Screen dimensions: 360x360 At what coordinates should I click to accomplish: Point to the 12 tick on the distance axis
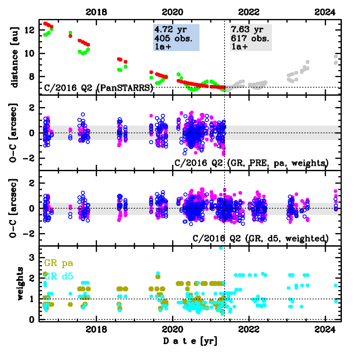[x=31, y=30]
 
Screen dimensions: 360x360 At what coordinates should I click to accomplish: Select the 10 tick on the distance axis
[x=31, y=53]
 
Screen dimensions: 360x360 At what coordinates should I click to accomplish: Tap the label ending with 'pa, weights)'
[x=251, y=162]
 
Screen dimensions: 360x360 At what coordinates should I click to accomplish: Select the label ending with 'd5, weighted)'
[x=260, y=238]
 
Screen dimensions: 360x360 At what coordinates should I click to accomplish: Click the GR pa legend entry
[x=59, y=263]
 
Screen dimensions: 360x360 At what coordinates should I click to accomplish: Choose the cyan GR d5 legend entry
[x=59, y=277]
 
